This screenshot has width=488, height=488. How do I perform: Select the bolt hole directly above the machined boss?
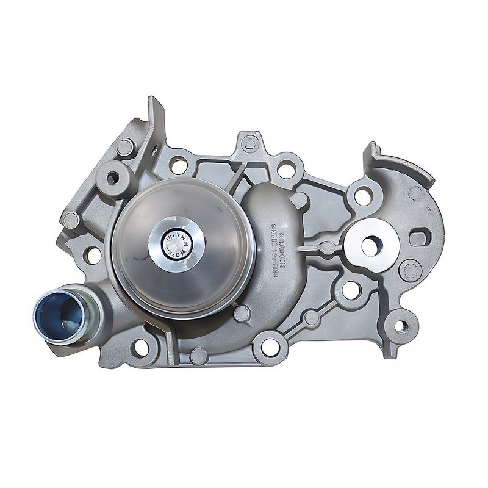pyautogui.click(x=362, y=196)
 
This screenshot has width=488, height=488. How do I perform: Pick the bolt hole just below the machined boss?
pyautogui.click(x=350, y=290)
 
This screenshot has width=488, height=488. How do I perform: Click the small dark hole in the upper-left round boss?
pyautogui.click(x=113, y=178)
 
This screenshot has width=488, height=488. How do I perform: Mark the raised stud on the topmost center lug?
pyautogui.click(x=249, y=144)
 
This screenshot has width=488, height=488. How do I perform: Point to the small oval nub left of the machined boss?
pyautogui.click(x=328, y=248)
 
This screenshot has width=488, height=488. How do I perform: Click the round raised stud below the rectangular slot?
pyautogui.click(x=410, y=270)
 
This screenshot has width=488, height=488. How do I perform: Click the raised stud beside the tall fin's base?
pyautogui.click(x=125, y=147)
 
